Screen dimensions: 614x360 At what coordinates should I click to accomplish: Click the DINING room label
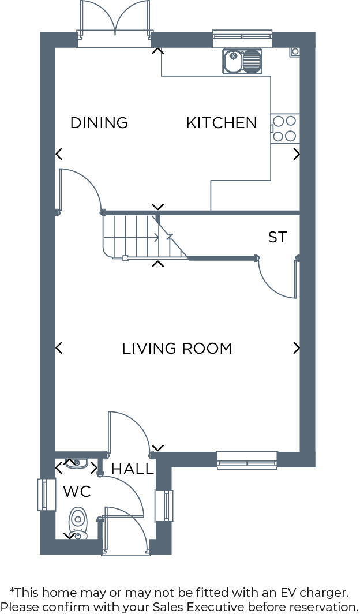point(99,123)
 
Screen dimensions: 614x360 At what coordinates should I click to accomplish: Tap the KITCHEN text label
point(222,123)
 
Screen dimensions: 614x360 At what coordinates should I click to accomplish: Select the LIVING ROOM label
point(177,349)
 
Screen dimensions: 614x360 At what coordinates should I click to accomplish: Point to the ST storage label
point(277,237)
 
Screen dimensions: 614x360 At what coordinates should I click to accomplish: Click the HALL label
point(133,469)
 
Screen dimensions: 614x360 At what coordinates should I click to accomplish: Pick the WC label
point(77,492)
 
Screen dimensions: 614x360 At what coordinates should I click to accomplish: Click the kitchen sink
point(242,61)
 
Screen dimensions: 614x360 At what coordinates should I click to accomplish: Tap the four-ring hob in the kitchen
point(285,129)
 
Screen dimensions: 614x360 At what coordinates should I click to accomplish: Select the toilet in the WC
point(77,522)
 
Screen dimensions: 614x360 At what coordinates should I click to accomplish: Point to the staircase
point(141,237)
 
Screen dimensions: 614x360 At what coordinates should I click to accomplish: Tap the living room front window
point(247,459)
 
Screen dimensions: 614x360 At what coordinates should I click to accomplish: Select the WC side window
point(47,495)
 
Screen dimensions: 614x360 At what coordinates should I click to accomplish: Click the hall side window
point(164,506)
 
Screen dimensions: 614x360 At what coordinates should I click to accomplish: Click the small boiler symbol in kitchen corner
point(295,51)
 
